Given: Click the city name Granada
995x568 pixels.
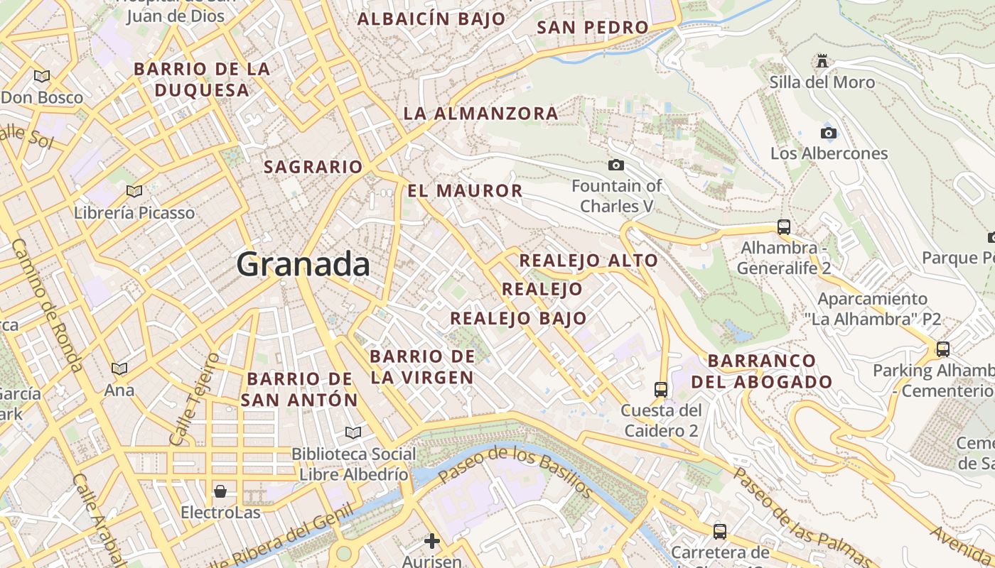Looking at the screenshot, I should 303,264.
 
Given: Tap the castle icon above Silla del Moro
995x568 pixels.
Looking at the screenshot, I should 822,61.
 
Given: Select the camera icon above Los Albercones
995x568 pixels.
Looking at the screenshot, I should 828,133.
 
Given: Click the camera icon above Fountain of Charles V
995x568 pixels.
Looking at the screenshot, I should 616,165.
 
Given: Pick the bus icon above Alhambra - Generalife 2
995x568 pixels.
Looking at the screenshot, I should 784,227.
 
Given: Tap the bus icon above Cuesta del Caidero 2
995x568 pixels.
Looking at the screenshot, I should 661,389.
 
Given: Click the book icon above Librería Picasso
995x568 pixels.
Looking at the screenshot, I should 134,191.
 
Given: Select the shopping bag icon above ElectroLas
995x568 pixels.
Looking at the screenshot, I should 220,491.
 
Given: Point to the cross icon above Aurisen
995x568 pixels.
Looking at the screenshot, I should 431,541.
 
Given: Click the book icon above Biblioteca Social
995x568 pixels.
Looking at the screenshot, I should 353,432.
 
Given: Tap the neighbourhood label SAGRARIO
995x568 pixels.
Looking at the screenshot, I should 313,167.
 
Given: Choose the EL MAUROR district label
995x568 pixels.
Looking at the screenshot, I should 466,190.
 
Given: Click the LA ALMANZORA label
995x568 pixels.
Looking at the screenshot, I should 481,113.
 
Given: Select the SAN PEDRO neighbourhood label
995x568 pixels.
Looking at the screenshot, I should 593,27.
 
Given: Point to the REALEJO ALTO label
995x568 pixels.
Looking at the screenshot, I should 588,261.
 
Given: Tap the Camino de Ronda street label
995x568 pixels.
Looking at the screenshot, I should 47,305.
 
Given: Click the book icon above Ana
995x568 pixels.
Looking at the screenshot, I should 119,368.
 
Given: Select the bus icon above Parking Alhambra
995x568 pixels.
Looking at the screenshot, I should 943,349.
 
